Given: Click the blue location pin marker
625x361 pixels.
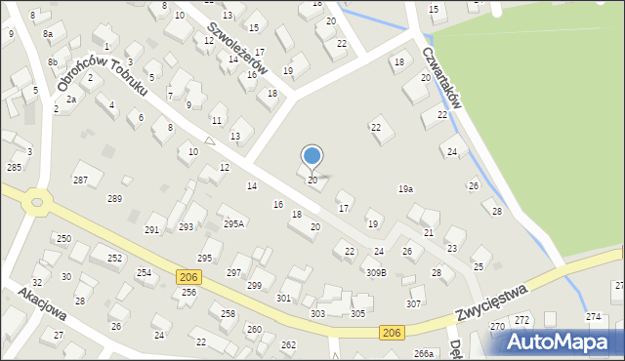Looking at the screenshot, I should pyautogui.click(x=312, y=156).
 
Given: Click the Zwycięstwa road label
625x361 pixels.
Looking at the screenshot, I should pyautogui.click(x=491, y=305).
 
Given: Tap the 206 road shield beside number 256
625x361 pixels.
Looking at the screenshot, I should pyautogui.click(x=189, y=278).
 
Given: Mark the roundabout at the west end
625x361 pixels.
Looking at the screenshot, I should pyautogui.click(x=38, y=203).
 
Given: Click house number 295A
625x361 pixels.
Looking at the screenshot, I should pyautogui.click(x=233, y=223).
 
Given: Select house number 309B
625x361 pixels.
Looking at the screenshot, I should pyautogui.click(x=376, y=272).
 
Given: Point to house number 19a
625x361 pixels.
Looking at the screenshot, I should pyautogui.click(x=405, y=188).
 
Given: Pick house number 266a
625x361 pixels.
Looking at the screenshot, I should pyautogui.click(x=423, y=353).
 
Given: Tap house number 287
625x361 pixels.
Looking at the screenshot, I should pyautogui.click(x=81, y=180).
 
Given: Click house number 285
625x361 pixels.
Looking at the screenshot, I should pyautogui.click(x=14, y=168).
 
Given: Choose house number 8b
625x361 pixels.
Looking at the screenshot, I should pyautogui.click(x=52, y=61).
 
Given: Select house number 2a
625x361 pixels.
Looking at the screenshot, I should pyautogui.click(x=71, y=100).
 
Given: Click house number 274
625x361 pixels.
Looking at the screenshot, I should pyautogui.click(x=593, y=317).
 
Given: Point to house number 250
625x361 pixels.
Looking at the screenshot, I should pyautogui.click(x=63, y=239).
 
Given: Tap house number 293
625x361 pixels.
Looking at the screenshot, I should pyautogui.click(x=186, y=226).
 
